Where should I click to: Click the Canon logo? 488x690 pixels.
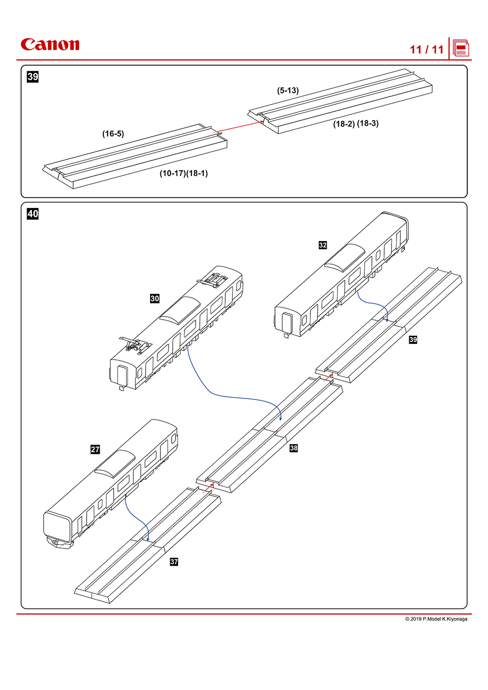point(50,45)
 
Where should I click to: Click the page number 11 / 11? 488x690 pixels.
point(427,50)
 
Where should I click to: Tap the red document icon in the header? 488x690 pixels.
point(461,48)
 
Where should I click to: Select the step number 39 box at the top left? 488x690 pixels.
point(33,77)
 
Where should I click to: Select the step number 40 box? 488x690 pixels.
point(33,214)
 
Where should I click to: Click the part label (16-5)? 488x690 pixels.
point(113,134)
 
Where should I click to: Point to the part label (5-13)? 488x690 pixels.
point(288,90)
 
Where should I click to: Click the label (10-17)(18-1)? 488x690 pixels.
point(183,174)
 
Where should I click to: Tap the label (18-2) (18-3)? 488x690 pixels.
point(356,123)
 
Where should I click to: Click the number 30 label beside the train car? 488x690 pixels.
point(155,299)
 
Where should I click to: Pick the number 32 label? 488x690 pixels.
point(323,245)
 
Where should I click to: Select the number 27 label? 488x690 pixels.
point(95,450)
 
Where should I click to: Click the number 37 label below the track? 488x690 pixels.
point(174,562)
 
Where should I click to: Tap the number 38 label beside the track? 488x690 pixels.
point(294,448)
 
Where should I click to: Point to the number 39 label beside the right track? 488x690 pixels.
point(413,339)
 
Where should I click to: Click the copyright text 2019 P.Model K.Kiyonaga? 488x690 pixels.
point(436,619)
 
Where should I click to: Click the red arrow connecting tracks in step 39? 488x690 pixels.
point(240,126)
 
